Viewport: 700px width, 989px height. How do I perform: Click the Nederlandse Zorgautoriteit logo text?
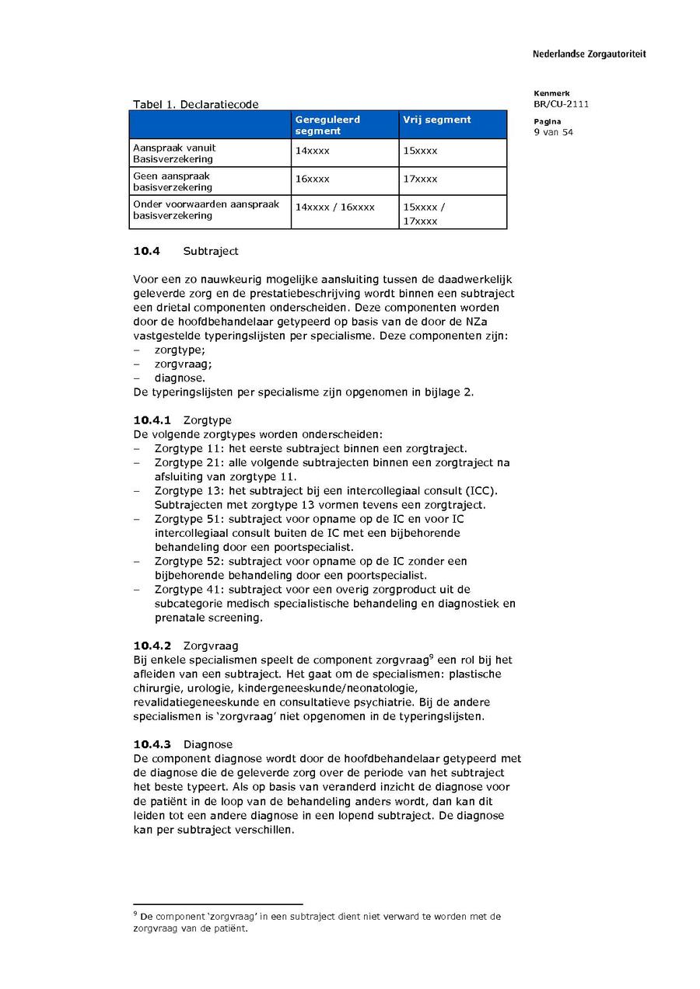click(x=589, y=54)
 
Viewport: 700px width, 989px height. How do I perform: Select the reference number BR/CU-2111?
click(x=561, y=104)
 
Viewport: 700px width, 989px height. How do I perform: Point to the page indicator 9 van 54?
click(x=553, y=132)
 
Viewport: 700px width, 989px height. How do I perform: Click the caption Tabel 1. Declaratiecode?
click(x=195, y=104)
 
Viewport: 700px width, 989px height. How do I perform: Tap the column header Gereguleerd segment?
click(x=327, y=125)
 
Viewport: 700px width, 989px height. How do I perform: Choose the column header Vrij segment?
click(x=436, y=120)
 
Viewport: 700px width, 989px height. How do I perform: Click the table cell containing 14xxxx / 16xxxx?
click(x=334, y=207)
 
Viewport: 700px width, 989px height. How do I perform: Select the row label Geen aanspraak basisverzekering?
click(x=173, y=181)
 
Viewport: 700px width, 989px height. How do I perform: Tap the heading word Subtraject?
click(x=211, y=251)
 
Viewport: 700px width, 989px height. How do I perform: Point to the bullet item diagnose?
click(x=180, y=378)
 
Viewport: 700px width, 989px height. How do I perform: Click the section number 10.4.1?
click(x=152, y=420)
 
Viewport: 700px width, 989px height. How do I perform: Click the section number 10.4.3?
click(x=152, y=744)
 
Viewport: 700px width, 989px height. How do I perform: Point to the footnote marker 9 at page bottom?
click(x=135, y=914)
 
